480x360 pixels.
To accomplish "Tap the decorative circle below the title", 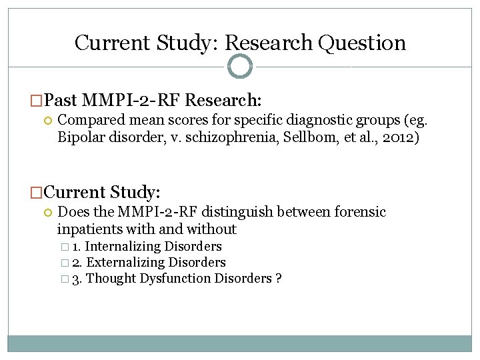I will [x=240, y=66].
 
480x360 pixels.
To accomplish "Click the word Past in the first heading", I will [x=62, y=101].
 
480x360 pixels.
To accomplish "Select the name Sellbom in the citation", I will [x=319, y=139].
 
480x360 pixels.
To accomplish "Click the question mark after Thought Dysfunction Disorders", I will [x=278, y=279].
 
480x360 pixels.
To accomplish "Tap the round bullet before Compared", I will [x=47, y=121].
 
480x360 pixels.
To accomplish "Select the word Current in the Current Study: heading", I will [x=73, y=193].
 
